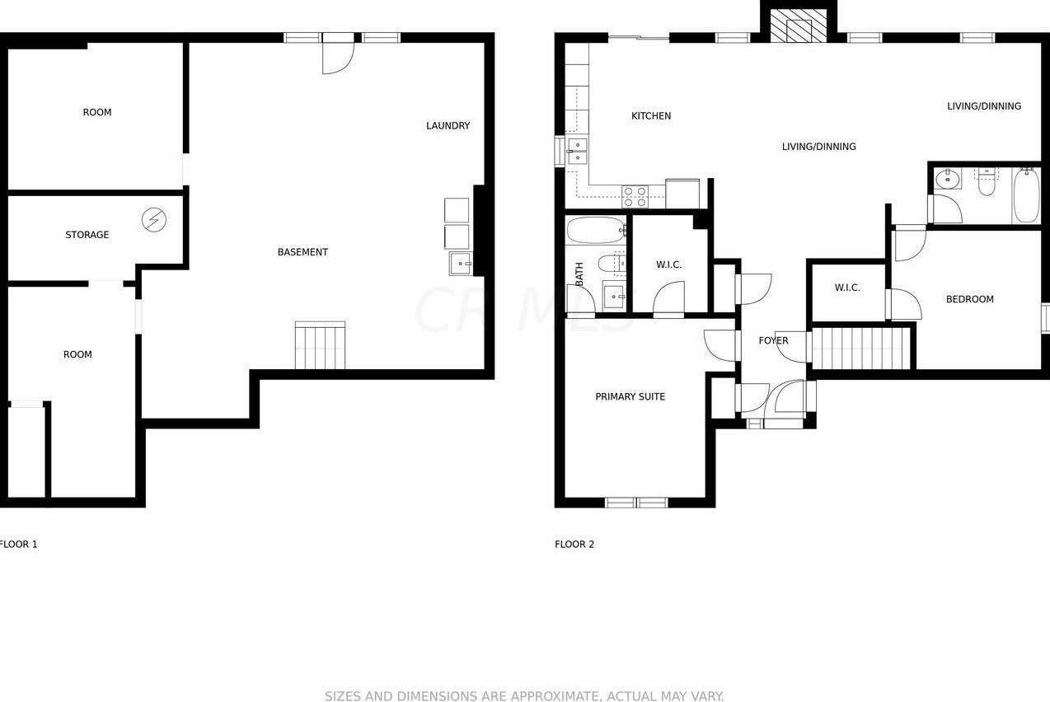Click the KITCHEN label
click(651, 116)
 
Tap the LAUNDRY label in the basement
click(448, 126)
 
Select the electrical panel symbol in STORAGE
click(154, 220)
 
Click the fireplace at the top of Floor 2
click(798, 26)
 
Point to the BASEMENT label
click(302, 252)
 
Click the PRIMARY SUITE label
click(630, 397)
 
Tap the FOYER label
click(773, 341)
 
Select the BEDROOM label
click(969, 300)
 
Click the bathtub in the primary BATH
click(596, 230)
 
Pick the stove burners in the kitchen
click(635, 196)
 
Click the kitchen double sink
click(578, 152)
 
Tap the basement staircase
click(320, 346)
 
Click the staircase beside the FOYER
click(861, 349)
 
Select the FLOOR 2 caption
click(574, 545)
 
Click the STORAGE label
click(87, 236)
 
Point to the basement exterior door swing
click(337, 58)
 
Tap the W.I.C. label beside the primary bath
click(668, 265)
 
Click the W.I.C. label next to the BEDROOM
click(847, 288)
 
